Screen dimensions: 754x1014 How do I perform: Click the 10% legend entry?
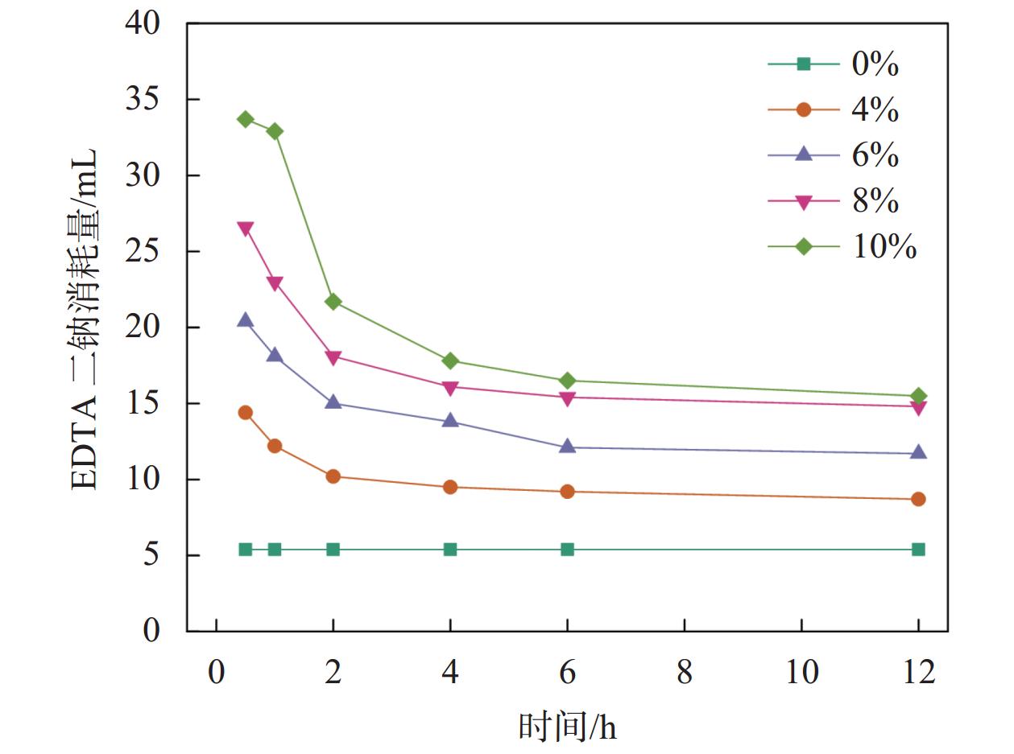tap(842, 247)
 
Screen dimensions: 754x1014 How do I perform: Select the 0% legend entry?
tap(834, 64)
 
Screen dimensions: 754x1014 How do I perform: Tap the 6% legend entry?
tap(834, 155)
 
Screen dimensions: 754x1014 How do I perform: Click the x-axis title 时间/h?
tap(567, 727)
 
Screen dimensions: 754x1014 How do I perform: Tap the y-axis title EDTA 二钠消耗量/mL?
tap(85, 319)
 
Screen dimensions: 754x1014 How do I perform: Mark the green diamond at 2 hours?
tap(333, 302)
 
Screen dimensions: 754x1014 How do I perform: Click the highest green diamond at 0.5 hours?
tap(246, 119)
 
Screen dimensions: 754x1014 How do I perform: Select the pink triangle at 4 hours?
tap(450, 388)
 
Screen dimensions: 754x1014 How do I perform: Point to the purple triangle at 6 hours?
tap(567, 446)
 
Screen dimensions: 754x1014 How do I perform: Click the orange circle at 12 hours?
tap(918, 499)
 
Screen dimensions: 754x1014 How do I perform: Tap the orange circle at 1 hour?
tap(275, 446)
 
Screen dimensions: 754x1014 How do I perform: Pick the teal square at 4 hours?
tap(450, 550)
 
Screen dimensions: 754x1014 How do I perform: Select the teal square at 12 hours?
tap(918, 550)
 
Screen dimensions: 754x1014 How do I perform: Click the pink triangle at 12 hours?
tap(918, 407)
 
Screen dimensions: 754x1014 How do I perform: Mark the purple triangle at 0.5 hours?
tap(246, 320)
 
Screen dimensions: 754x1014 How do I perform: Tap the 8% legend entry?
tap(834, 201)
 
